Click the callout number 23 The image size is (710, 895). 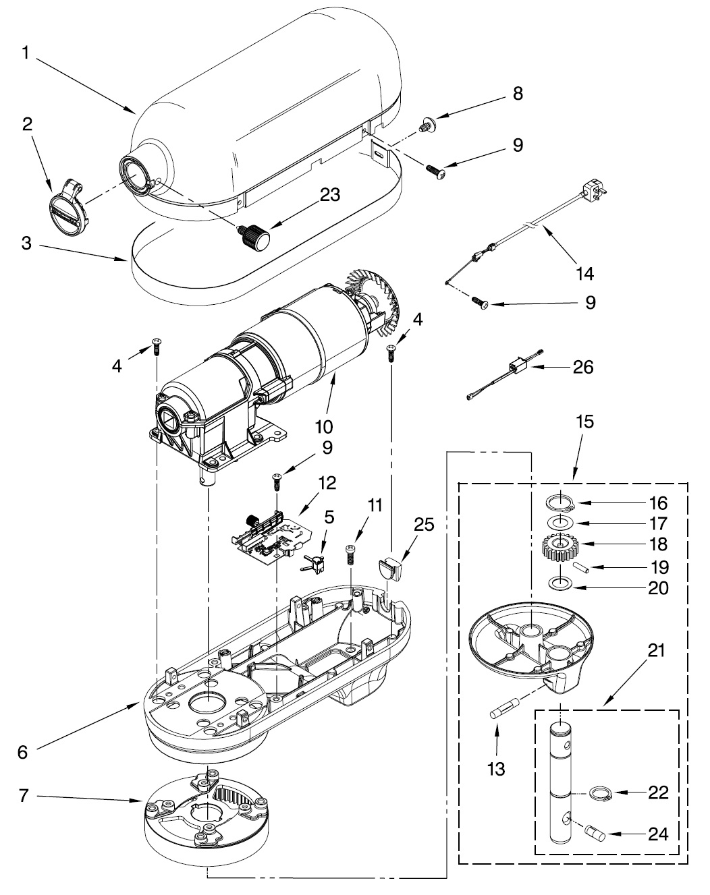(330, 195)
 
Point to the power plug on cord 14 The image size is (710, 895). (595, 189)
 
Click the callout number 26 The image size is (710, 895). (583, 367)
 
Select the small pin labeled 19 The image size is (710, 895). (581, 567)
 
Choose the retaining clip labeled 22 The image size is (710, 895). (601, 794)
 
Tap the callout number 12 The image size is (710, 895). (327, 482)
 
